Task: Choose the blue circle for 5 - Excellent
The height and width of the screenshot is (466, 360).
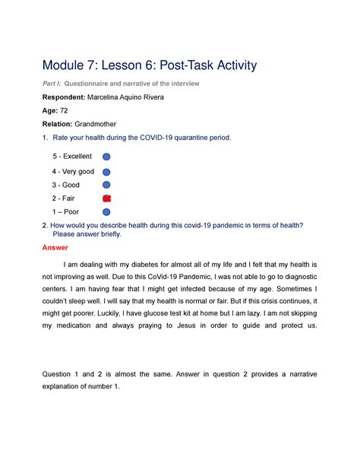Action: click(106, 157)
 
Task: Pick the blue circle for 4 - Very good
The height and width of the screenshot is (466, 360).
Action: click(106, 172)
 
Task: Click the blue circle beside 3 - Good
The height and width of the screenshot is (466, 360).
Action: click(106, 185)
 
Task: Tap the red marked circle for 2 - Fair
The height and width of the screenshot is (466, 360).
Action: click(106, 198)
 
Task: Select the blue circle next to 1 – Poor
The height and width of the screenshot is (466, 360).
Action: click(106, 211)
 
